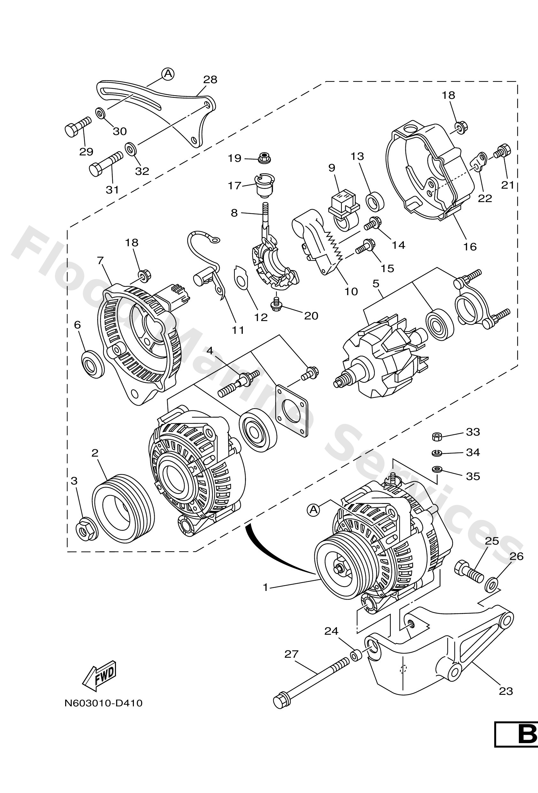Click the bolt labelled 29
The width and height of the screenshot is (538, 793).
[77, 127]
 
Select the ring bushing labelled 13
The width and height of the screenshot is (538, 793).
[375, 202]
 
